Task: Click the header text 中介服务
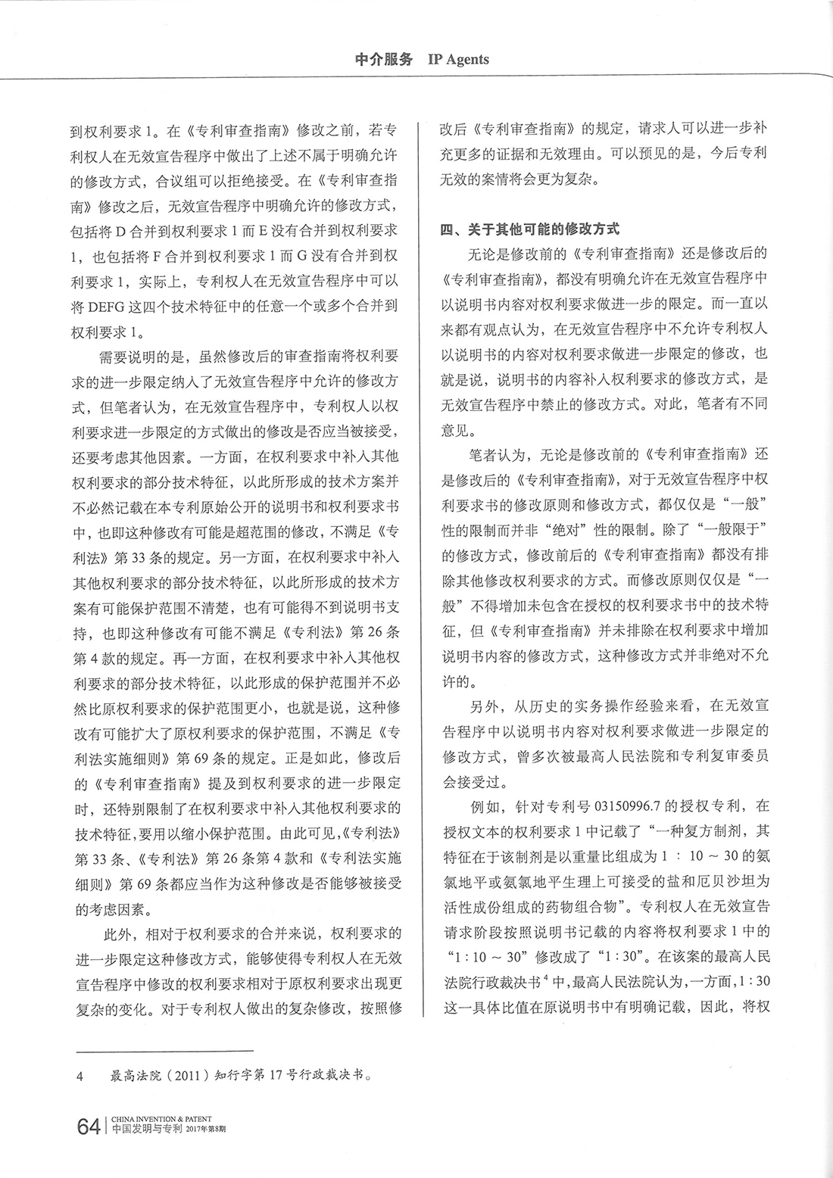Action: (384, 60)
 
